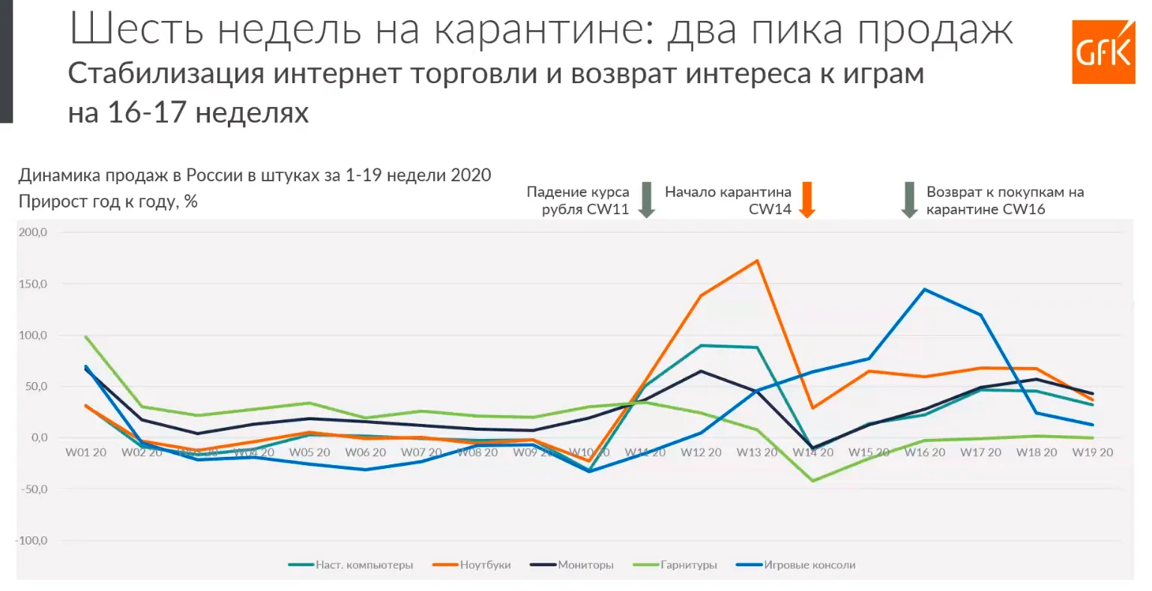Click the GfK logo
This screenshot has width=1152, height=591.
[1103, 52]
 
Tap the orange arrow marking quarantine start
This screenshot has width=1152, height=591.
[806, 199]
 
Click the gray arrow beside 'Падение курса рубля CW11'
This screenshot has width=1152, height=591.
[646, 199]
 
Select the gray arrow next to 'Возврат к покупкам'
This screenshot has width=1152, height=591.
[909, 199]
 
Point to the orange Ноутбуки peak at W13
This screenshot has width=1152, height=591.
[757, 261]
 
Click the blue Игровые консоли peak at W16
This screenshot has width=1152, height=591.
[924, 289]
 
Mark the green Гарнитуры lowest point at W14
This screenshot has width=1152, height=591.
[812, 481]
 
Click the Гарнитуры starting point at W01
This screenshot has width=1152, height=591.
[86, 337]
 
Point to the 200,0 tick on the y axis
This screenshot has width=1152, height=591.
[33, 232]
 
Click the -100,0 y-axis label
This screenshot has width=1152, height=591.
[31, 540]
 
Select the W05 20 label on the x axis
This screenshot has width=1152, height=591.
[310, 452]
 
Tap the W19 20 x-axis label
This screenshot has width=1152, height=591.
[1092, 452]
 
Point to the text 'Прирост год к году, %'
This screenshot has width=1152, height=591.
[108, 201]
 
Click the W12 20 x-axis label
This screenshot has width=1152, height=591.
[701, 452]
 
